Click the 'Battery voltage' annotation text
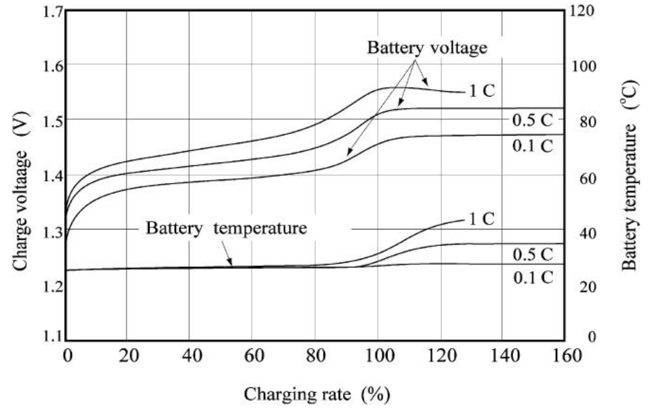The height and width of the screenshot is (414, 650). coord(427,48)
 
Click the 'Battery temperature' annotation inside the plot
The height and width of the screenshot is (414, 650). coord(226,228)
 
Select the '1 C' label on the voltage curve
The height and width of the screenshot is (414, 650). coord(482,91)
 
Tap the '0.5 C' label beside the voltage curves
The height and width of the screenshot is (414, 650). coord(532,121)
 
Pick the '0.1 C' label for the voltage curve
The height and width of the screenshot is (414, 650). coord(532,146)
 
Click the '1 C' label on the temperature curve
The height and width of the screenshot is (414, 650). coord(482,219)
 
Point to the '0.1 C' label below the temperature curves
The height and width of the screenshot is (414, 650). coord(533,278)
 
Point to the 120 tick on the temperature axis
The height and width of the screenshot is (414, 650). coord(582,11)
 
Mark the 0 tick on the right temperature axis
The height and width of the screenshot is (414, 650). coord(591,337)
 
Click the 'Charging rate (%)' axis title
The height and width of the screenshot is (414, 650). coord(317,395)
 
